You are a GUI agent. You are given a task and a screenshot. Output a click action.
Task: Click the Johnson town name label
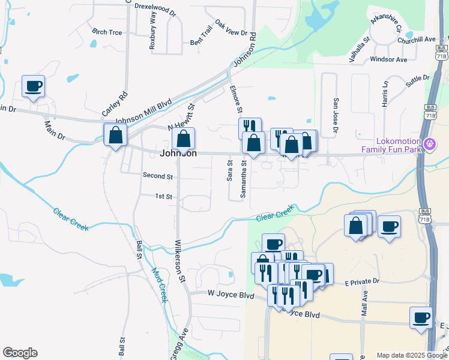pos(178,154)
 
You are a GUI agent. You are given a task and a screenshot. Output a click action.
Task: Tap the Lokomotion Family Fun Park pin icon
pos(429,145)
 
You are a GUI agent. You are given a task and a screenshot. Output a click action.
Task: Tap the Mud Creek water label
pos(158,284)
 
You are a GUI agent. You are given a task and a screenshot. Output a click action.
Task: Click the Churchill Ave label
pos(416,40)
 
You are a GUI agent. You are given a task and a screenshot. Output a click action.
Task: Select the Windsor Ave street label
pos(388,59)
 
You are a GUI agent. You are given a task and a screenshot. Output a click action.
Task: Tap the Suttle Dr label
pos(418,82)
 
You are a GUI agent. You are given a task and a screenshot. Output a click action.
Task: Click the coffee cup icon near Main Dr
pos(33,86)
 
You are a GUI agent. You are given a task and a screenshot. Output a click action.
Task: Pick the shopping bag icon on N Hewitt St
pos(184,139)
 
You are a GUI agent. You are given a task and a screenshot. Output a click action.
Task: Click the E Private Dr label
pos(362,281)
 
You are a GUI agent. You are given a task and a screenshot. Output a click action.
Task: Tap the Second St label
pos(157,176)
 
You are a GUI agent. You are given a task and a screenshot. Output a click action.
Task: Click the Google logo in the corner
pos(20,353)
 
